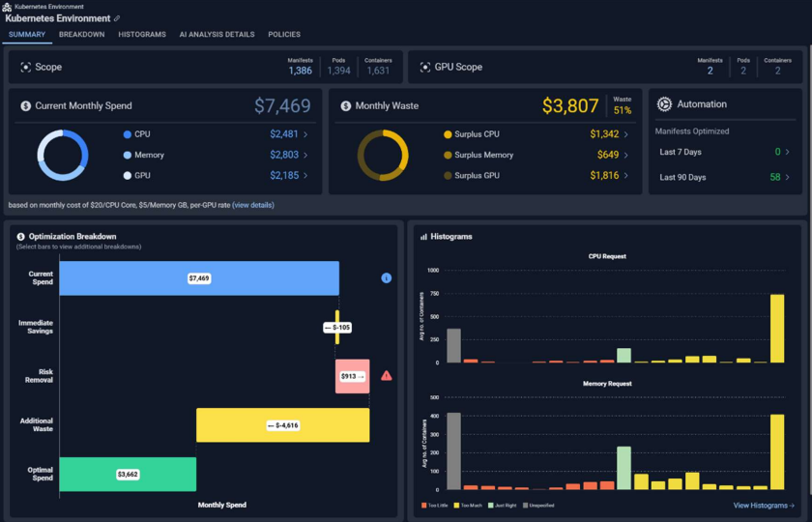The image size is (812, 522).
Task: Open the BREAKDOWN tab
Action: coord(81,35)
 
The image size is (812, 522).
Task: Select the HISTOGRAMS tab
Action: coord(142,35)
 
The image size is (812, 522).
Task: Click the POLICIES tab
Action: coord(284,35)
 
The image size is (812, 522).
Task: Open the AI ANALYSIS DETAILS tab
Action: coord(217,35)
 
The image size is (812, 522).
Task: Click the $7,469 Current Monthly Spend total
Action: coord(282,106)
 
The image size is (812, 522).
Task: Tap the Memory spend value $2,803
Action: coord(285,155)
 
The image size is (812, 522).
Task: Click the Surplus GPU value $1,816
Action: coord(604,176)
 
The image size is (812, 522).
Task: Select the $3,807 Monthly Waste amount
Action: coord(570,106)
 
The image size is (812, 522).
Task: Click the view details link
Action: coord(253,206)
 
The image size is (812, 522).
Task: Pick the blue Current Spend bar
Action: coord(199,278)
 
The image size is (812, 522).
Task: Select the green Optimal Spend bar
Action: coord(128,475)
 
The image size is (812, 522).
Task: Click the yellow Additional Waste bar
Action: coord(282,425)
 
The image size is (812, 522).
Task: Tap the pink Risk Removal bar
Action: coord(352,376)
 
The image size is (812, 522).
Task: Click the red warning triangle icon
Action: coord(387,375)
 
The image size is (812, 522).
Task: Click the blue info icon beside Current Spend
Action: coord(387,278)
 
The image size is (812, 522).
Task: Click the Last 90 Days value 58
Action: coord(775,178)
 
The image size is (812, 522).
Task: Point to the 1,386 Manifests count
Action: coord(300,71)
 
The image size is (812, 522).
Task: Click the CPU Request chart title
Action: coord(607,257)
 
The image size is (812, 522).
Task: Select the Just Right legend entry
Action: coord(504,506)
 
